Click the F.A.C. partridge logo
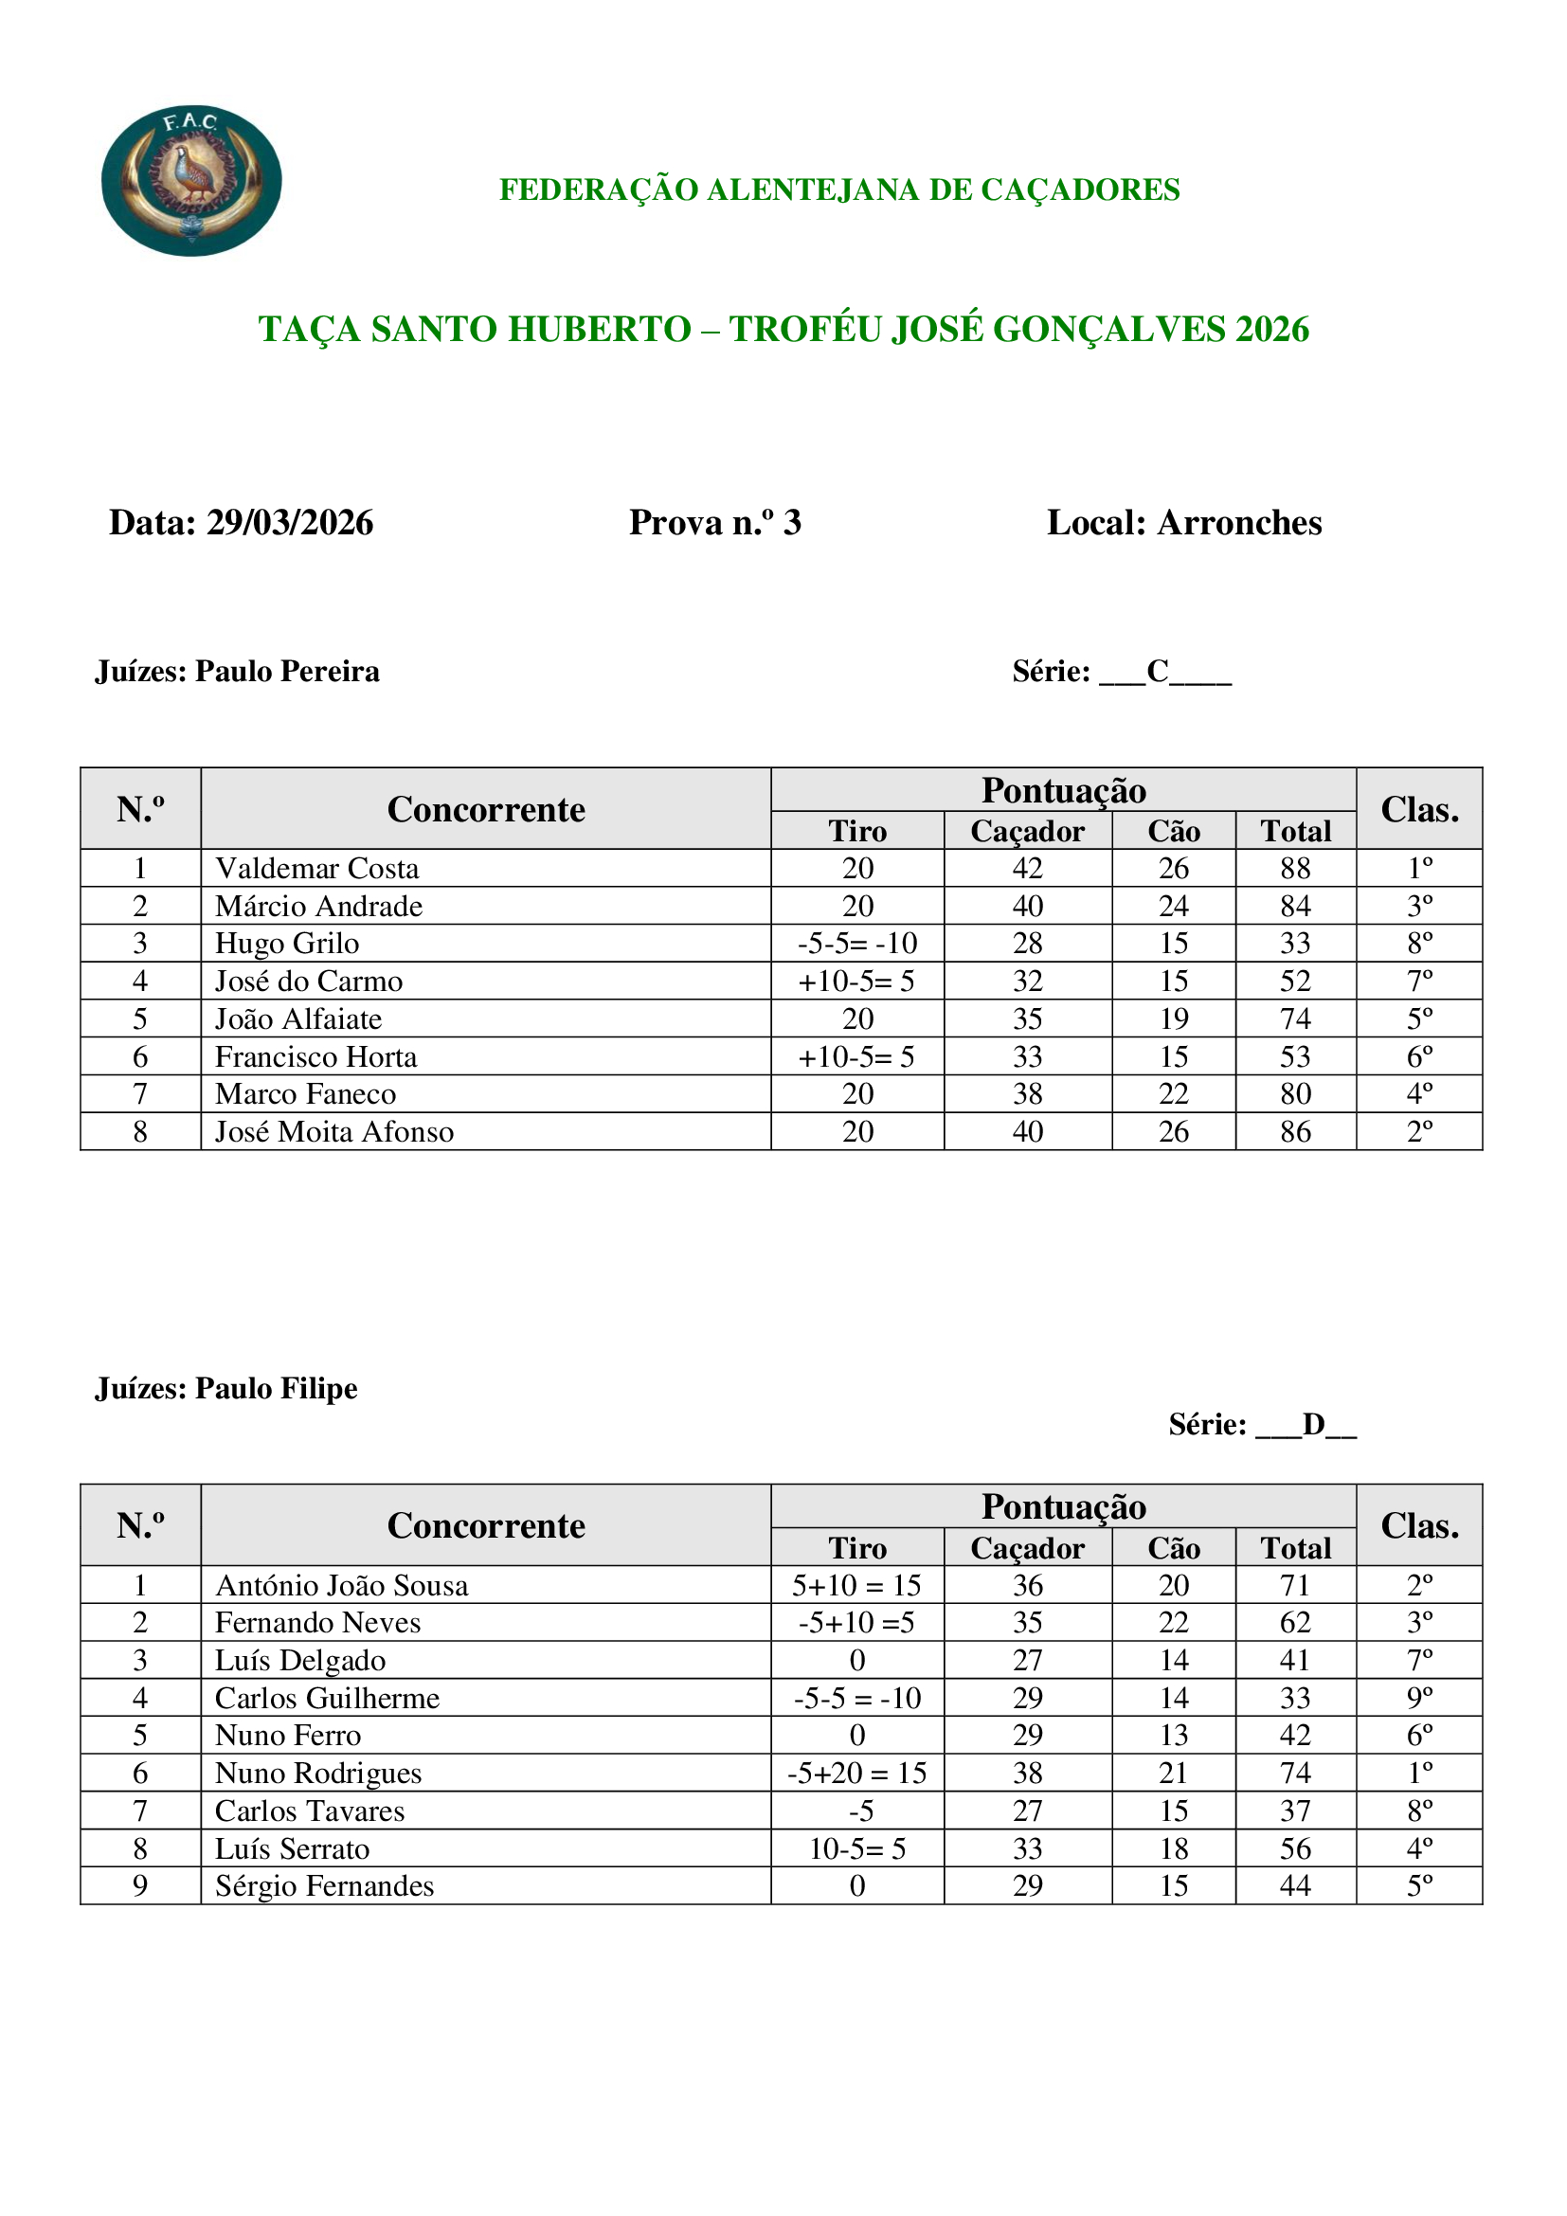[x=191, y=181]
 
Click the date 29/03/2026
[x=290, y=523]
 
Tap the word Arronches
[x=1239, y=523]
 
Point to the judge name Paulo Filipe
[x=276, y=1389]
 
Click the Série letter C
[x=1158, y=671]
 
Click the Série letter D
[x=1313, y=1425]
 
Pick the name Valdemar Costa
[x=316, y=869]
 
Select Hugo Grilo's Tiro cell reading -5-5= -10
[x=856, y=944]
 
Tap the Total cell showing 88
[x=1295, y=869]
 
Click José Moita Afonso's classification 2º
[x=1419, y=1132]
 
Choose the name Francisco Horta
[x=315, y=1058]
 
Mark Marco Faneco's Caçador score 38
[x=1028, y=1094]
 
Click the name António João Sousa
[x=342, y=1586]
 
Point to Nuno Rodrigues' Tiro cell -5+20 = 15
[x=856, y=1774]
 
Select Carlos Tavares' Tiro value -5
[x=856, y=1811]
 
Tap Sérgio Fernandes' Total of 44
[x=1295, y=1886]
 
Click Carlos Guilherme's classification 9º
[x=1419, y=1699]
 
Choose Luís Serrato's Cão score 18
[x=1173, y=1849]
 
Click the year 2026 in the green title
[x=1271, y=330]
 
